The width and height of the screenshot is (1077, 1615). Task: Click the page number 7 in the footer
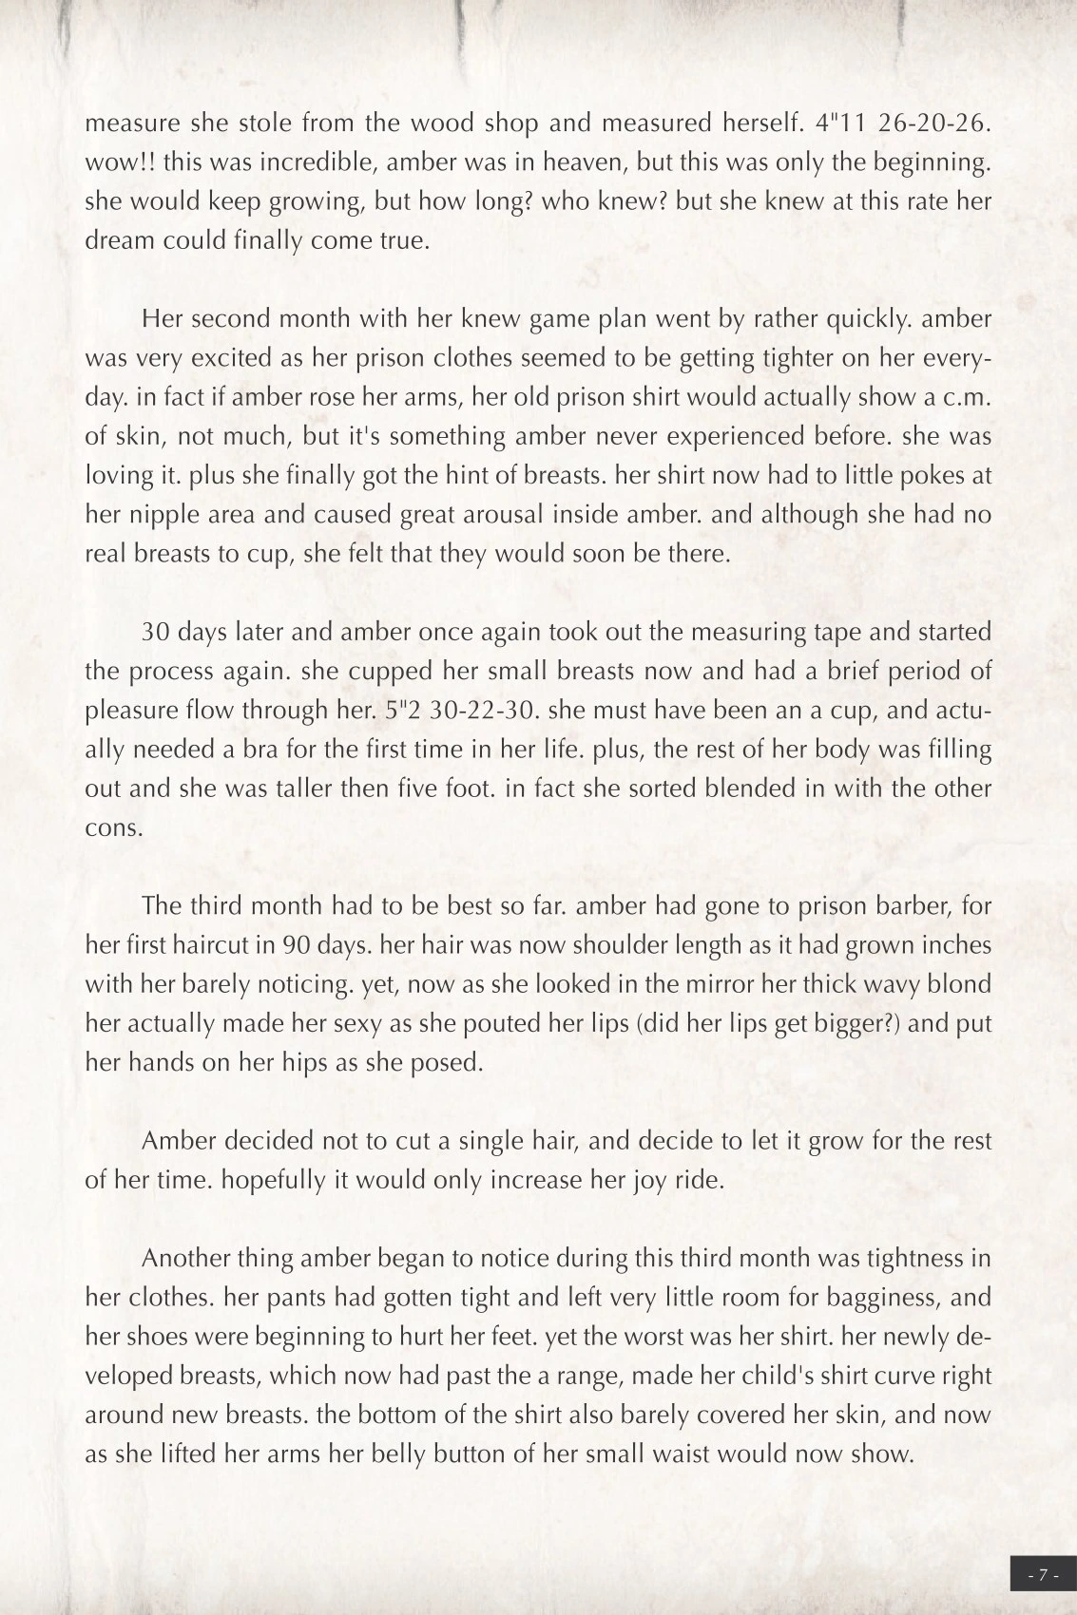[1043, 1574]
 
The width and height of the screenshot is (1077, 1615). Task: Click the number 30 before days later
[156, 633]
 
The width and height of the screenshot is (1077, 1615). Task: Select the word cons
[114, 827]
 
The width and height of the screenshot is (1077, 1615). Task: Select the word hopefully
[266, 1180]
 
